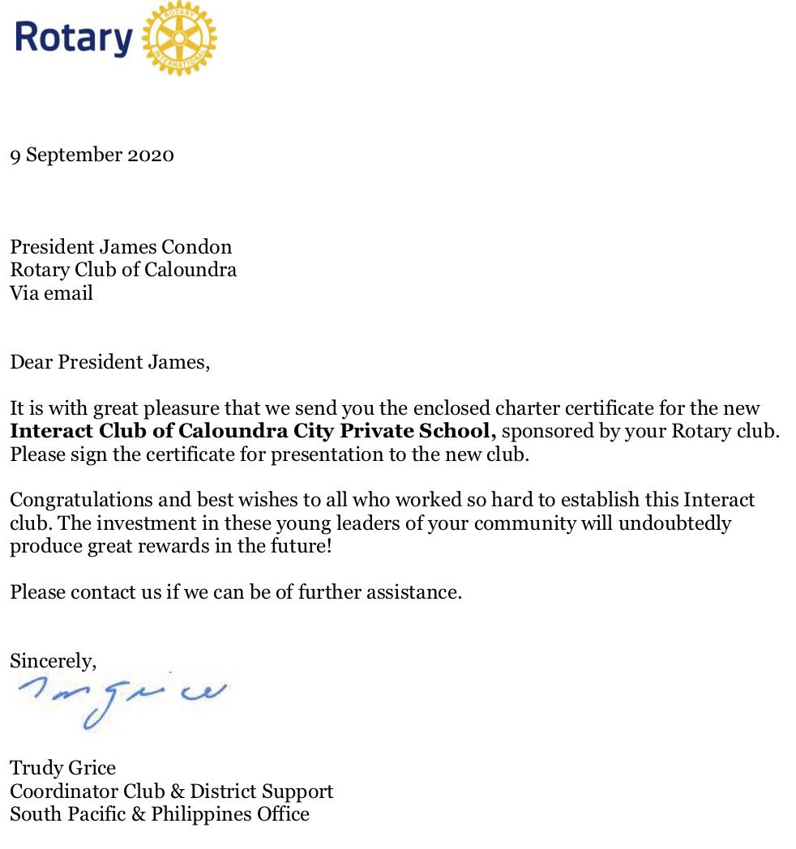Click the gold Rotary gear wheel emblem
pos(179,38)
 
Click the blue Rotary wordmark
pos(73,38)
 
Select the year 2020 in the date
pos(151,155)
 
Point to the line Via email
pos(51,292)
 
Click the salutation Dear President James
pos(109,361)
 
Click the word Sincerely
pos(53,661)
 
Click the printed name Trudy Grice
pos(62,767)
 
